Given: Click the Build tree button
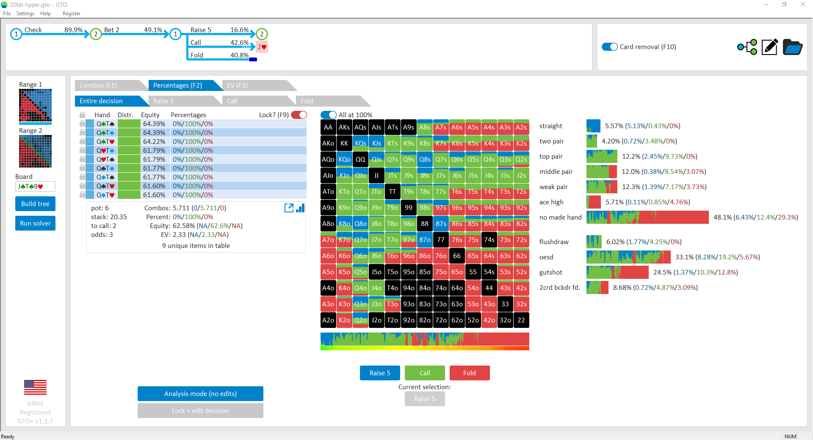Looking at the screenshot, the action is (35, 203).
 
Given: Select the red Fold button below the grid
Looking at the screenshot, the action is (470, 373).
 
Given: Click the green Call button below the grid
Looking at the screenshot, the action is (425, 373).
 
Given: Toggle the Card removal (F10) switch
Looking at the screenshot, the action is (610, 47).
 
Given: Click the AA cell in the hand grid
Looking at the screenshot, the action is (328, 127).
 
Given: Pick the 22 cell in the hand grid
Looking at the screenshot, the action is (521, 320).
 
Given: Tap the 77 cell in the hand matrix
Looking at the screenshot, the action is (441, 240).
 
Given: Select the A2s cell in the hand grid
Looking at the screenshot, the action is (521, 127).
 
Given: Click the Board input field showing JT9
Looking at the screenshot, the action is (35, 187).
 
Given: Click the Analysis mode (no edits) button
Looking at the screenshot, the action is (200, 393).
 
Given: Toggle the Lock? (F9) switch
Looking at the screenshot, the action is (299, 115).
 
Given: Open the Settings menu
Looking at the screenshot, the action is (25, 14).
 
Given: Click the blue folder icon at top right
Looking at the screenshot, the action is (792, 47).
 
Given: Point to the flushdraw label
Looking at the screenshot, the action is (554, 242).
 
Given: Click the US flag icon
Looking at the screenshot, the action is (35, 387).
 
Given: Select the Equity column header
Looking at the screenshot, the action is (150, 115).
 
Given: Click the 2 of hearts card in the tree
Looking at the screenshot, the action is (262, 47).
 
